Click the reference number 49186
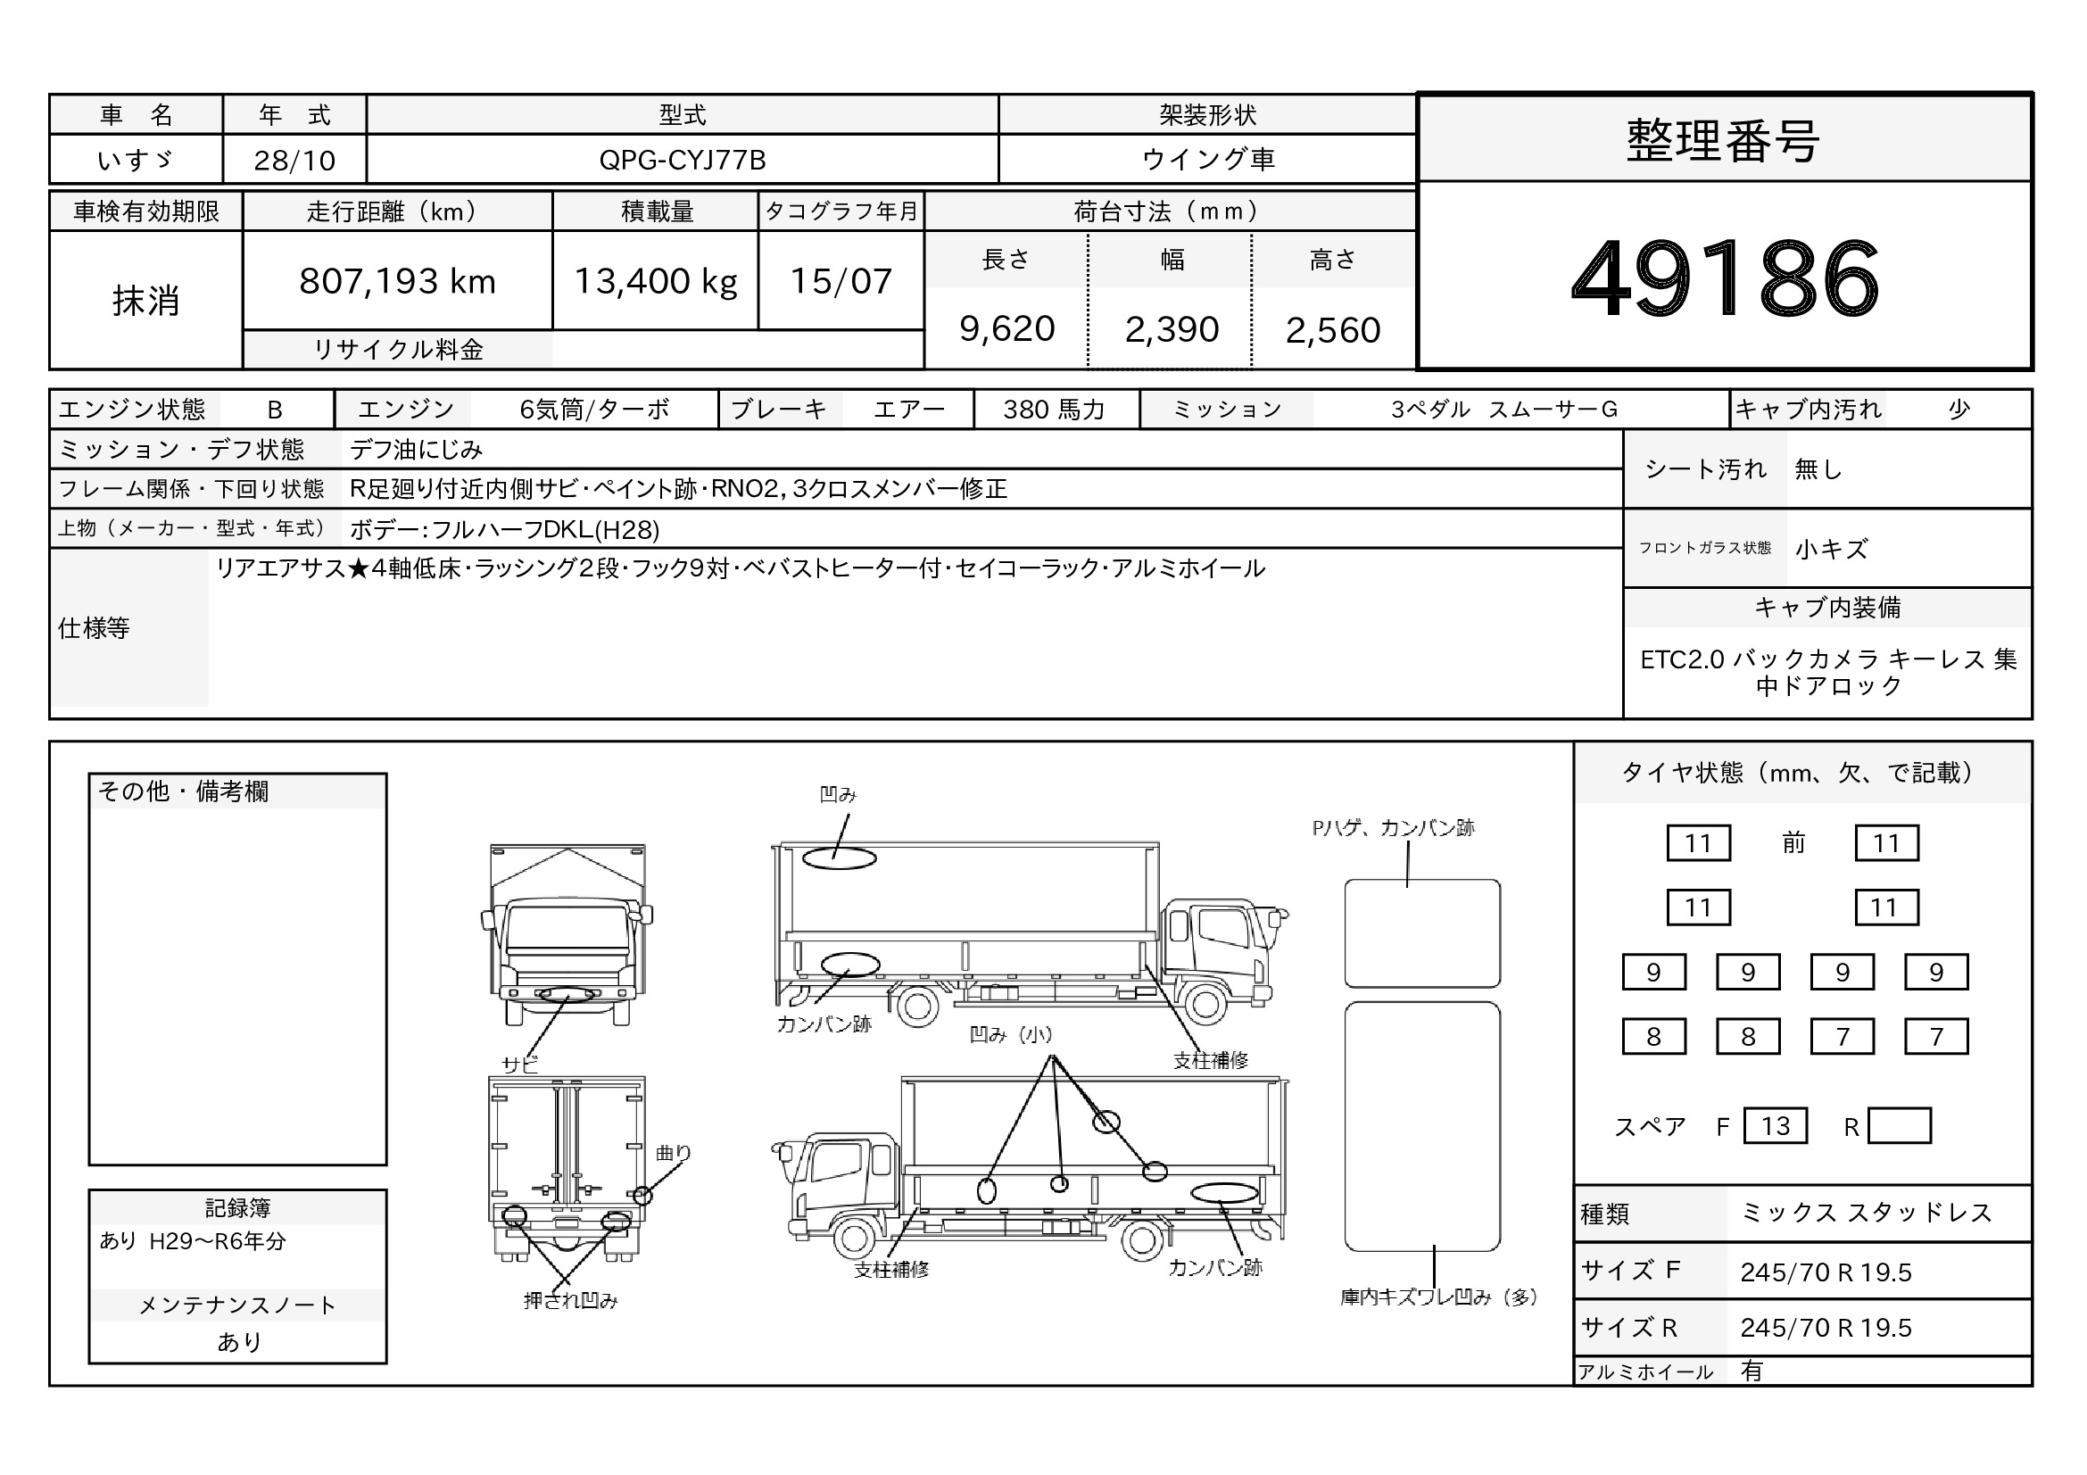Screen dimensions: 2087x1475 point(1725,278)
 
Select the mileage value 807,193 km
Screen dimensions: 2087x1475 point(397,282)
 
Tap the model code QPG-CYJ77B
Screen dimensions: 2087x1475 point(683,160)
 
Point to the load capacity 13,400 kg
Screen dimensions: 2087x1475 point(656,282)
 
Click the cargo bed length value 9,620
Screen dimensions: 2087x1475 point(1006,329)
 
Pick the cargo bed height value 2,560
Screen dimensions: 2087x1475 point(1332,330)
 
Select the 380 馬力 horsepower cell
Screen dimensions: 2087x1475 point(1055,410)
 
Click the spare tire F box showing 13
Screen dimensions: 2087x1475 point(1776,1126)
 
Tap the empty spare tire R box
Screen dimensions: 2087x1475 point(1899,1126)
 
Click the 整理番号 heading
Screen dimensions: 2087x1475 point(1724,141)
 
